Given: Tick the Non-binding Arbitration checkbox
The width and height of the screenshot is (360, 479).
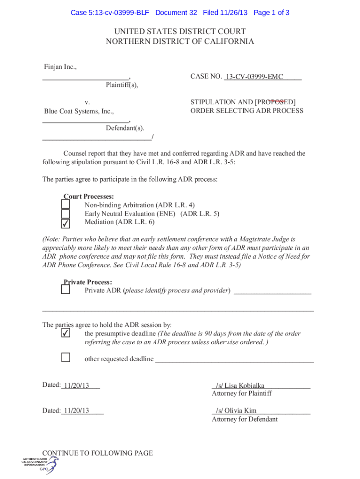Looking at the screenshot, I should [x=66, y=204].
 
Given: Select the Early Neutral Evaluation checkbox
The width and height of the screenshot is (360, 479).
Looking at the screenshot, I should [x=66, y=214].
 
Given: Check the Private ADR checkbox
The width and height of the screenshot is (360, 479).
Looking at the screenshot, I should [x=66, y=290].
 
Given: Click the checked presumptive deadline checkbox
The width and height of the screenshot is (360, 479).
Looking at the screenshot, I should [x=66, y=334].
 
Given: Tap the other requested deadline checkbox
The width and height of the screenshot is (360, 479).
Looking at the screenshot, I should [x=66, y=358].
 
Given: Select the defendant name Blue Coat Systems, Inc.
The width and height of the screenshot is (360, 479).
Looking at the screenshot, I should [x=79, y=111].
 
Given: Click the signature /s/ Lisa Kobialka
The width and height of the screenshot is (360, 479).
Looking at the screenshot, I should [x=240, y=385].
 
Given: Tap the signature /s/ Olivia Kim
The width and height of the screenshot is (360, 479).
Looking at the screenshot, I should [x=236, y=411].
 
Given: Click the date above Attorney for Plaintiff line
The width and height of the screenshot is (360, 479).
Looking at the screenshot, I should [x=76, y=385].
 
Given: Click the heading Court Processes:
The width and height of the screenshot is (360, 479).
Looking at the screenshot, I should [x=89, y=197].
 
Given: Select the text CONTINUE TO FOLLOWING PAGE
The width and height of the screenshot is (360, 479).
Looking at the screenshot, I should [x=97, y=453].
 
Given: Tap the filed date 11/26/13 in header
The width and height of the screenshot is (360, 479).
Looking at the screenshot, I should [x=232, y=13].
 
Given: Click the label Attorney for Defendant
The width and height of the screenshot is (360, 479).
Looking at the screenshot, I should [x=245, y=419].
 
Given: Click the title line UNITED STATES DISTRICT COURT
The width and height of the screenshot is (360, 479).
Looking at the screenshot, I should [x=180, y=31].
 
